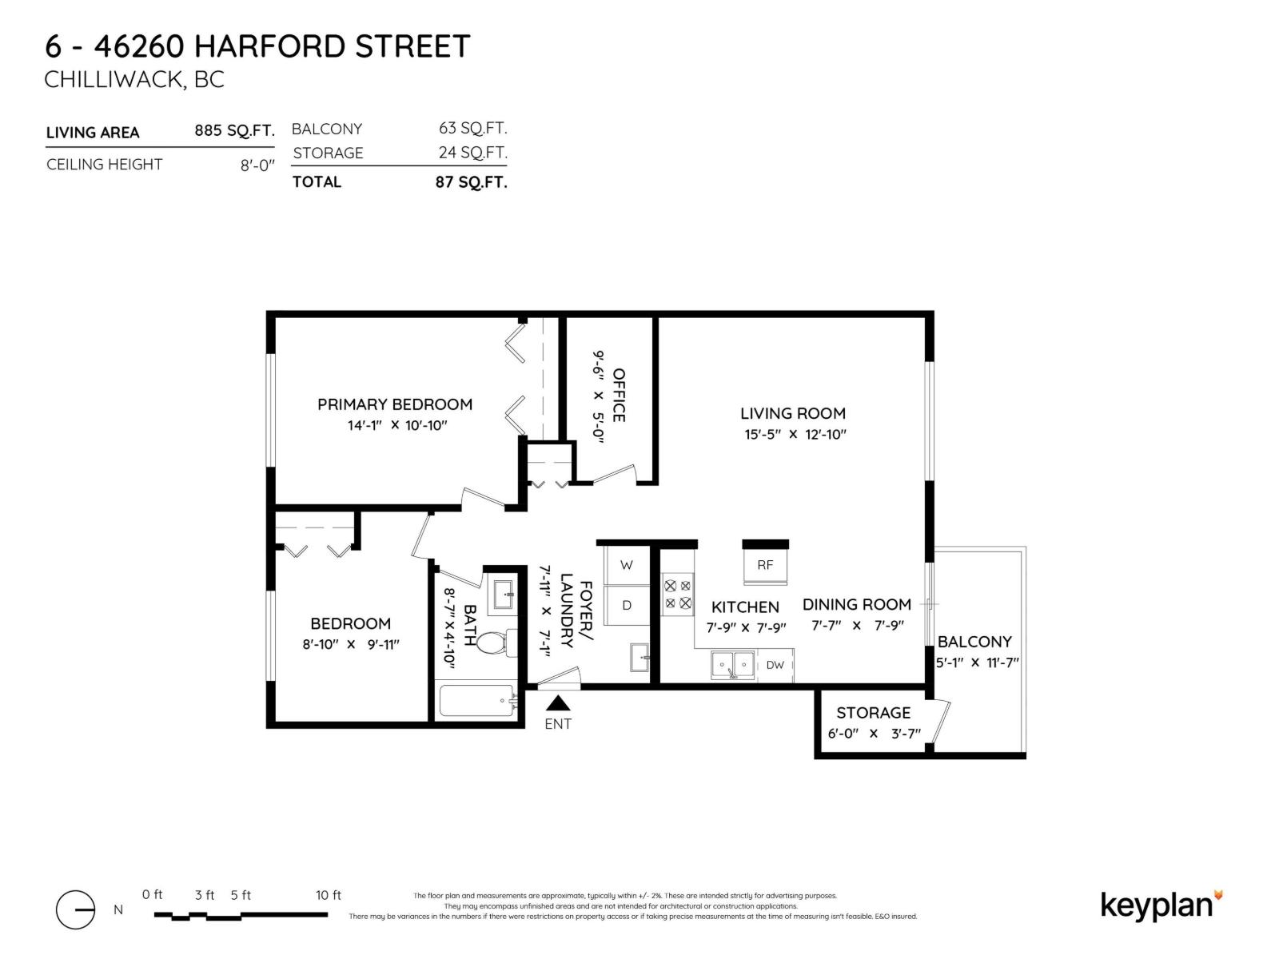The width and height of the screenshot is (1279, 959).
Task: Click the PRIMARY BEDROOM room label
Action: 394,404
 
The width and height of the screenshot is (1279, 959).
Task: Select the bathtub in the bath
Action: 476,701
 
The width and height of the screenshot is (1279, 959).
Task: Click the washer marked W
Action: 627,565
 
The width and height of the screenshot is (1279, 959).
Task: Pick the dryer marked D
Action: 627,605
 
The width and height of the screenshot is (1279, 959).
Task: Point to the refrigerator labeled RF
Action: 765,564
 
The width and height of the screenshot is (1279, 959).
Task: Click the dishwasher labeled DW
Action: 775,665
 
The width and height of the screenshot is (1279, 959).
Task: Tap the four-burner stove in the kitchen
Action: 678,595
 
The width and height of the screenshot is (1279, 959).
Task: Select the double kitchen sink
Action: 733,664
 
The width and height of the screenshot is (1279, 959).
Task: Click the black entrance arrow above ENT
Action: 558,703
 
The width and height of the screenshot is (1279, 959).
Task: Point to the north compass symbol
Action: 75,909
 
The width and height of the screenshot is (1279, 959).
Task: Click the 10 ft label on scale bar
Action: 328,895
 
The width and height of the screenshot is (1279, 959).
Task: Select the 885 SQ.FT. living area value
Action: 234,130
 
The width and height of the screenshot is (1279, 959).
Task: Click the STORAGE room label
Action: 873,712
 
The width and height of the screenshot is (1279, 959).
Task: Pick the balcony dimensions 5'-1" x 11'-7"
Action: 977,663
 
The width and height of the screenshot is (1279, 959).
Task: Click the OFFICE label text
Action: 618,395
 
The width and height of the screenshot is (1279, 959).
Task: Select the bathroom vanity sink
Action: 503,595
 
